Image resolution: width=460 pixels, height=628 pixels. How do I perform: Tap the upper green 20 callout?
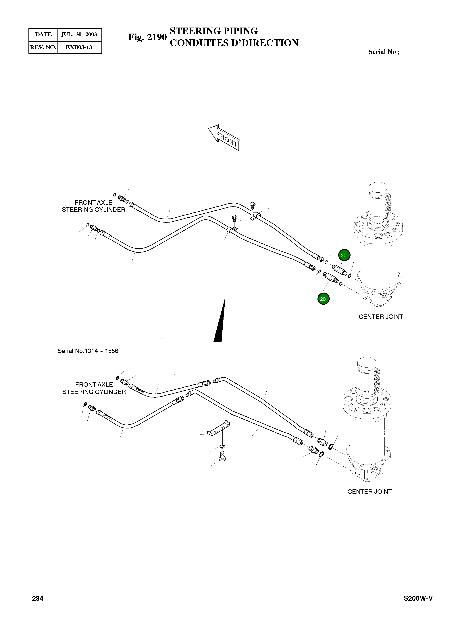pyautogui.click(x=344, y=255)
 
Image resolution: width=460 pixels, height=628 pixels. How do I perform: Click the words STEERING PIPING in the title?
pyautogui.click(x=214, y=31)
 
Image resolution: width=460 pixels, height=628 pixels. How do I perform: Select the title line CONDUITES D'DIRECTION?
pyautogui.click(x=234, y=43)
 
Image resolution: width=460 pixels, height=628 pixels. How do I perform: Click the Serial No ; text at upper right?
pyautogui.click(x=384, y=52)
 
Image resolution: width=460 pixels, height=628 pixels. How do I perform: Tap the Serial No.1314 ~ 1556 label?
pyautogui.click(x=88, y=351)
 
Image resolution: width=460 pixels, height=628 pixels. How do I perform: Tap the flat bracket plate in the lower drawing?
pyautogui.click(x=219, y=428)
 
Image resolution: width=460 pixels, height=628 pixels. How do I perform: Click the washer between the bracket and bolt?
pyautogui.click(x=222, y=447)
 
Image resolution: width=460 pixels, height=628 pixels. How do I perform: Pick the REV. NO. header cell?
pyautogui.click(x=43, y=47)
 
